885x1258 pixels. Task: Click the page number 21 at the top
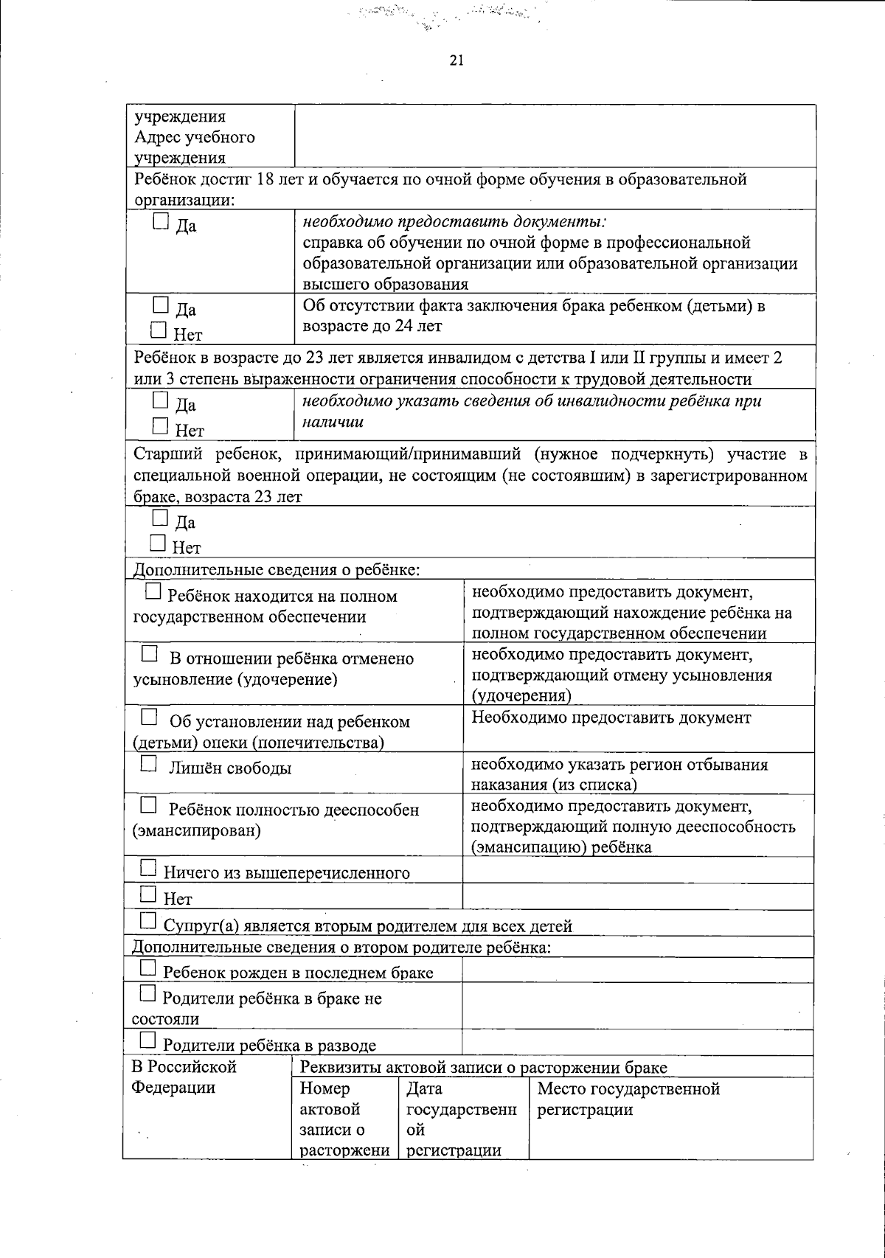[456, 61]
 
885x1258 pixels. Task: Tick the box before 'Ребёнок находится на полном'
[153, 591]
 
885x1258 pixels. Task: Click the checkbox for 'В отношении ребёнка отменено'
[149, 654]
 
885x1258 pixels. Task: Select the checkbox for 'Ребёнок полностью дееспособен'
[149, 805]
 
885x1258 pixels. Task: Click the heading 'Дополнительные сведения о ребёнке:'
[276, 569]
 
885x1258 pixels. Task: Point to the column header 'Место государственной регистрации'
[628, 1099]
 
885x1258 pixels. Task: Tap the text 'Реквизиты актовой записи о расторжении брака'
[483, 1067]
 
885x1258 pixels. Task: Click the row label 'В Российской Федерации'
[184, 1077]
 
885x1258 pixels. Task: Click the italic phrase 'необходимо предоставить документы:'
[454, 221]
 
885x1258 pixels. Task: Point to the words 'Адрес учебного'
[195, 137]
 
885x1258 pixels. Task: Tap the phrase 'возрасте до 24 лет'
[372, 326]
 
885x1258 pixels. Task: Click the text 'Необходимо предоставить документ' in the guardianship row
[611, 717]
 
